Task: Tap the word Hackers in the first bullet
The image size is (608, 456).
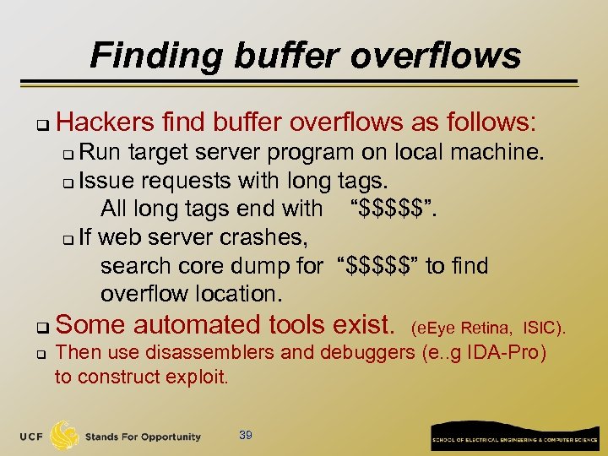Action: coord(104,122)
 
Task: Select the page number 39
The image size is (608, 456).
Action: coord(246,435)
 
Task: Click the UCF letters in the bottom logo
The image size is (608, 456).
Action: coord(31,437)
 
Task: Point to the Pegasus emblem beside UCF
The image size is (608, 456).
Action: coord(65,435)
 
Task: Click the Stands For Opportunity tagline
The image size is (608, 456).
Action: coord(143,437)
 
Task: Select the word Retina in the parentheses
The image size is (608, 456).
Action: coord(487,327)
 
